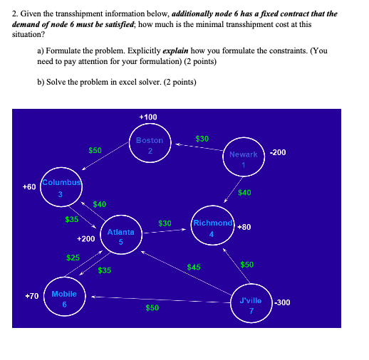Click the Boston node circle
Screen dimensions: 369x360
point(150,145)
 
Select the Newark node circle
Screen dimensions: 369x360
point(243,159)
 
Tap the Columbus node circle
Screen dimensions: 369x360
point(61,189)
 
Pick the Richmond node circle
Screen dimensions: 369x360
point(212,228)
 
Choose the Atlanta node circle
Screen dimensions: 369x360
point(121,236)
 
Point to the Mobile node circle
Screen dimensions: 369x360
point(64,299)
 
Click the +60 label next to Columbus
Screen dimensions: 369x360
point(29,186)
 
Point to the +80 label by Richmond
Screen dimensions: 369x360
point(245,227)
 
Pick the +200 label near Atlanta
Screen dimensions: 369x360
point(85,240)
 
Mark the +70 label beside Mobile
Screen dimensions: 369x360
point(32,295)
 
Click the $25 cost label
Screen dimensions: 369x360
point(73,257)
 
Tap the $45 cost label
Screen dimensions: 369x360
point(194,268)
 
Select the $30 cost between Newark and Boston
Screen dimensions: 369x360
point(202,138)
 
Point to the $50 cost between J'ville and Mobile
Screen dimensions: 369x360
point(152,308)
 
